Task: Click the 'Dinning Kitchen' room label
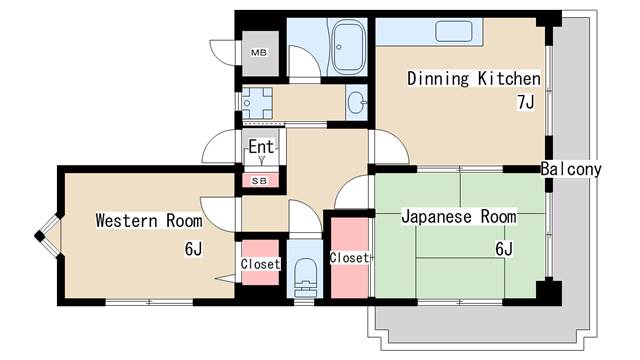(473, 79)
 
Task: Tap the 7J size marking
(525, 102)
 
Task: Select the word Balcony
(571, 169)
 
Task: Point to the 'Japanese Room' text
(459, 216)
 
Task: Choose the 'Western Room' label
(148, 219)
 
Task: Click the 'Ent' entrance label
(261, 147)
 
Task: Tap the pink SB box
(259, 181)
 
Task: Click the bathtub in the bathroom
(350, 47)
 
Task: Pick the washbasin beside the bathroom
(357, 101)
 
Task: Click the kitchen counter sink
(455, 31)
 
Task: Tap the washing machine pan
(259, 102)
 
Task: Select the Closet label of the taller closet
(349, 257)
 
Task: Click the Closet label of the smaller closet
(260, 264)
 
